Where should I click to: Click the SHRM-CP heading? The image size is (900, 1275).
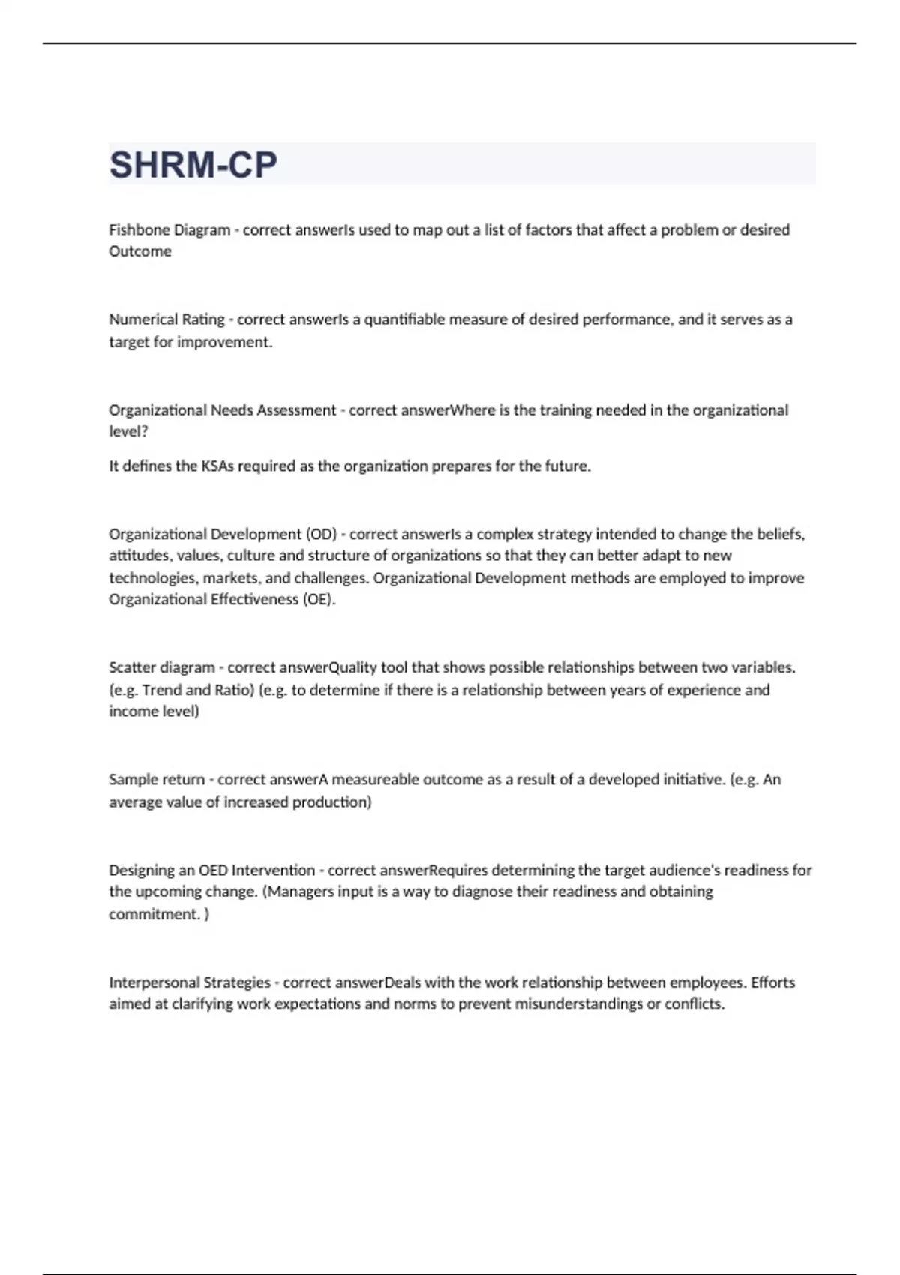pos(193,165)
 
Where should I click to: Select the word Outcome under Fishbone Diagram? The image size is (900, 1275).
pos(140,251)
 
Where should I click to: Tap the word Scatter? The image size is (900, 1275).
pos(132,667)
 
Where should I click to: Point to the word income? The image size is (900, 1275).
pos(129,712)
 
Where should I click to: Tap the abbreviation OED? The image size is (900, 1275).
pos(213,871)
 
